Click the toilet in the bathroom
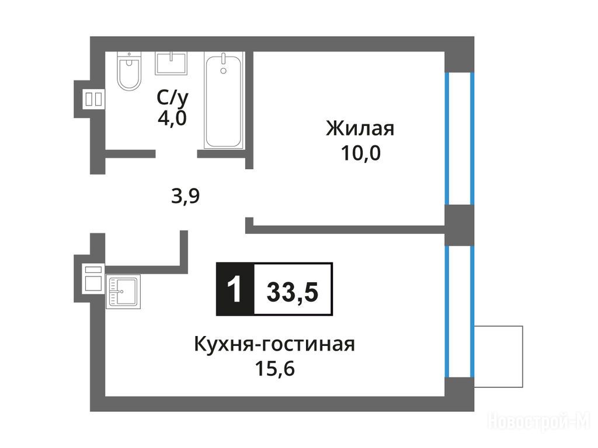(129, 71)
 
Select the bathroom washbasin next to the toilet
(171, 63)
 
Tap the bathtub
(224, 100)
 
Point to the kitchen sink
(123, 292)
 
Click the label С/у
(172, 99)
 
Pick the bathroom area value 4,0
(172, 118)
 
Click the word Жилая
(360, 128)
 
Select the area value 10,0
(360, 153)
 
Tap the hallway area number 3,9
(185, 197)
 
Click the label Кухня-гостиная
(274, 344)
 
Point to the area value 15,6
(274, 369)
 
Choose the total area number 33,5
(293, 293)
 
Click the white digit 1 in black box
(235, 289)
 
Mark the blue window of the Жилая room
(460, 138)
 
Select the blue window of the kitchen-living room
(460, 311)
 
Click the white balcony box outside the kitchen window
(499, 356)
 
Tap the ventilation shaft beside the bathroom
(93, 99)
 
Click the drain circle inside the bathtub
(224, 71)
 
